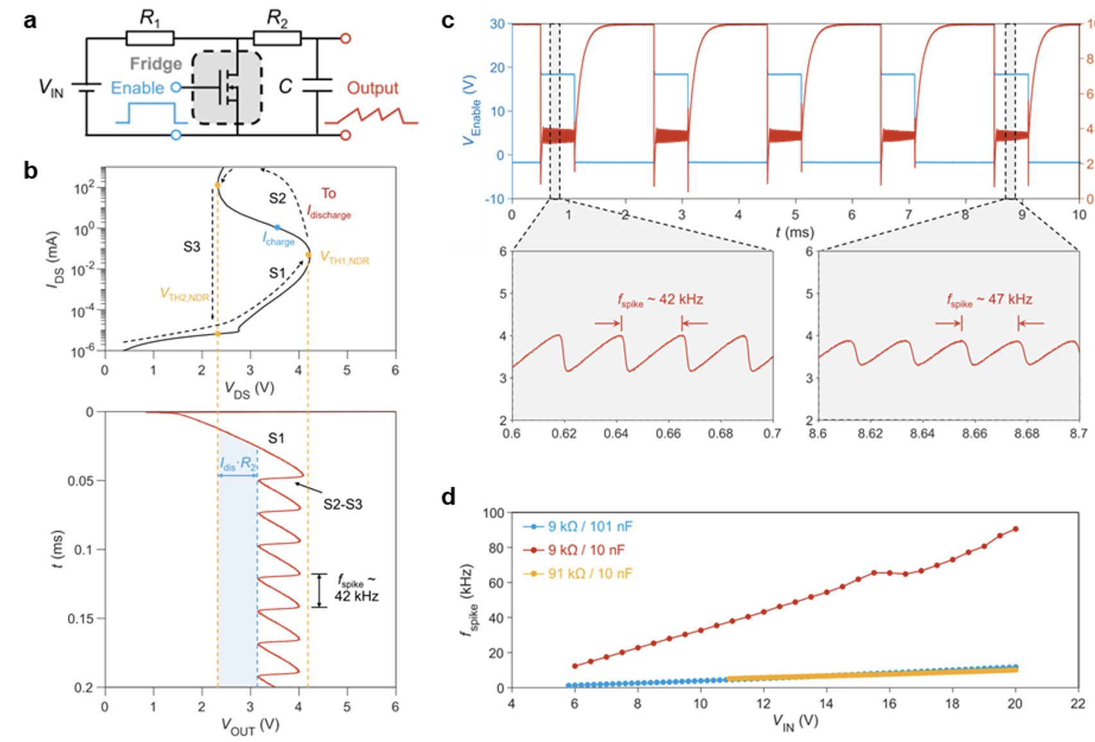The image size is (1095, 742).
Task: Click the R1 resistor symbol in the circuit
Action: pos(150,39)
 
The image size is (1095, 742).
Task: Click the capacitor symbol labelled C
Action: pos(316,85)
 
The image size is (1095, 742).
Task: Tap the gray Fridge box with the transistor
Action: pos(227,87)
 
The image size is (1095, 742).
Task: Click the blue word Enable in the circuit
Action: pos(137,88)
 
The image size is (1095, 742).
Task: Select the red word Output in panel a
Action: pos(372,88)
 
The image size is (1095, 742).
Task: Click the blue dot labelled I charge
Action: pos(277,227)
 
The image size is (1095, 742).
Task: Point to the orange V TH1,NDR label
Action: pos(345,259)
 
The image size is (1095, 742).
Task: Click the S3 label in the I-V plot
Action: pos(191,246)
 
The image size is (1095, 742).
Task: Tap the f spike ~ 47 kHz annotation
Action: pos(989,300)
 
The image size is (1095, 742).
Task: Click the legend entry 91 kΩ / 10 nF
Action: pos(589,573)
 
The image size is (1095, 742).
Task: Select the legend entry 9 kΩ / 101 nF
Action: pos(589,526)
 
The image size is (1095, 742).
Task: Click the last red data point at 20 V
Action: pos(1015,529)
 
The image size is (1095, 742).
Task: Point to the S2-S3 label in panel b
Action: pos(343,505)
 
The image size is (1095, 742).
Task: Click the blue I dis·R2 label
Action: pos(238,464)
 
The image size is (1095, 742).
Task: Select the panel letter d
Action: pos(449,497)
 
